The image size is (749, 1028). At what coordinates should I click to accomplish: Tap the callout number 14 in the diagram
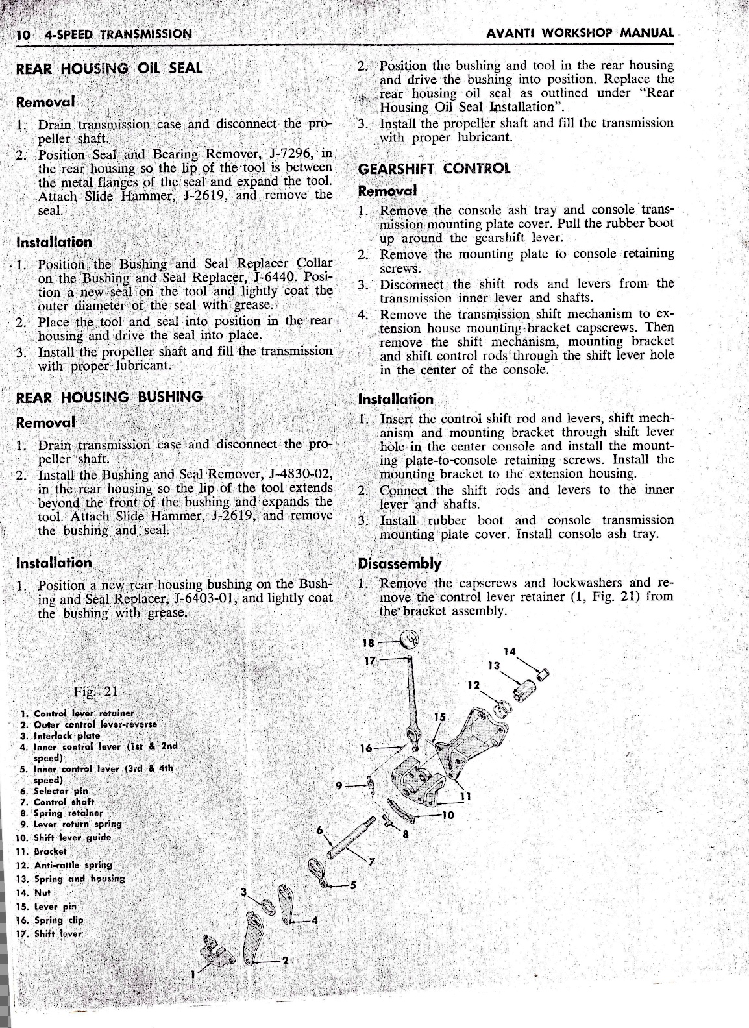point(509,652)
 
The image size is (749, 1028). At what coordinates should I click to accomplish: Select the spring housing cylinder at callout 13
point(528,690)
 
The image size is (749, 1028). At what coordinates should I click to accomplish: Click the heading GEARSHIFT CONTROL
point(434,169)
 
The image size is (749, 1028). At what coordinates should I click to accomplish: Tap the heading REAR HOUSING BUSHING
point(109,397)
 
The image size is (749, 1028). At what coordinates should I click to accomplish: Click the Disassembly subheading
point(400,563)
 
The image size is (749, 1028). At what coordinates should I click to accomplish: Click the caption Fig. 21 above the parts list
point(95,690)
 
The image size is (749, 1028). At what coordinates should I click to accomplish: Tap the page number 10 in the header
point(24,34)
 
